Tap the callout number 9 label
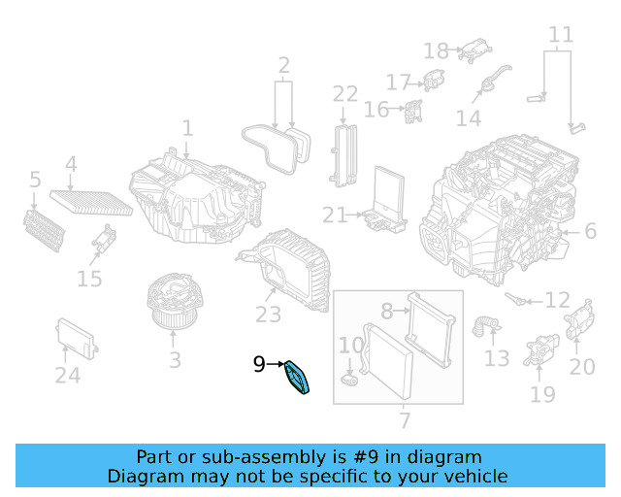click(259, 365)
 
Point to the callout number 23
click(268, 315)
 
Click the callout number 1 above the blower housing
click(187, 128)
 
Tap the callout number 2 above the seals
click(283, 66)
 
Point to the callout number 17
click(399, 83)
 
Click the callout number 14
click(469, 118)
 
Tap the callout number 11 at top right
click(561, 37)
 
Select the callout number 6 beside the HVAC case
click(589, 231)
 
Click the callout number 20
click(582, 367)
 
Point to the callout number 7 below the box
click(405, 420)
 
